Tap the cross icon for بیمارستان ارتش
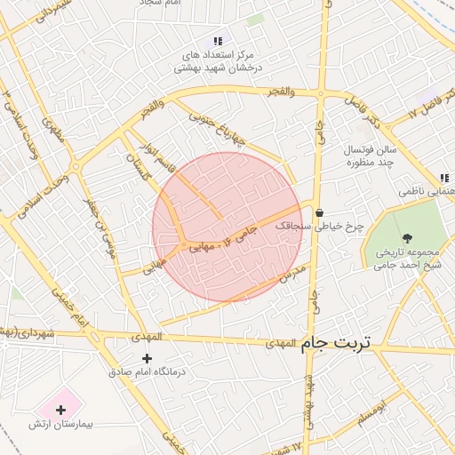(x=60, y=411)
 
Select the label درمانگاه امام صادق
(x=147, y=371)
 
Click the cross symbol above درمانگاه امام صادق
(x=147, y=358)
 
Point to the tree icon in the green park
(x=407, y=237)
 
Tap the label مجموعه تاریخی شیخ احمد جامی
(x=408, y=257)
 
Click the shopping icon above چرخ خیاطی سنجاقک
(x=319, y=212)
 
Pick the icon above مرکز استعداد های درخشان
(x=218, y=41)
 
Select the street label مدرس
(x=295, y=270)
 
